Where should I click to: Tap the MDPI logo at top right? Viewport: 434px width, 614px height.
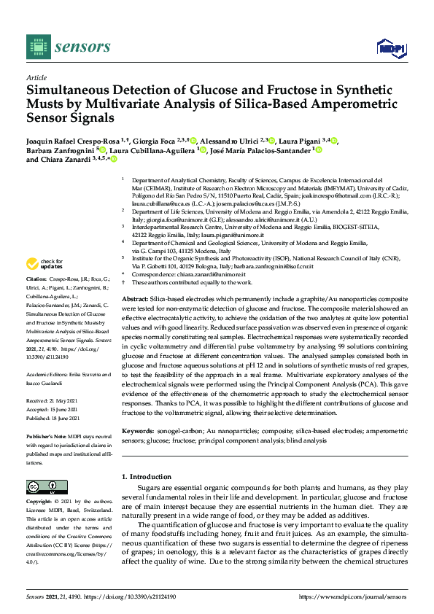390,48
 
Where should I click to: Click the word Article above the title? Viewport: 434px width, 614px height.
36,78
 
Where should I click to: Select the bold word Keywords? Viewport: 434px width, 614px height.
139,432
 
